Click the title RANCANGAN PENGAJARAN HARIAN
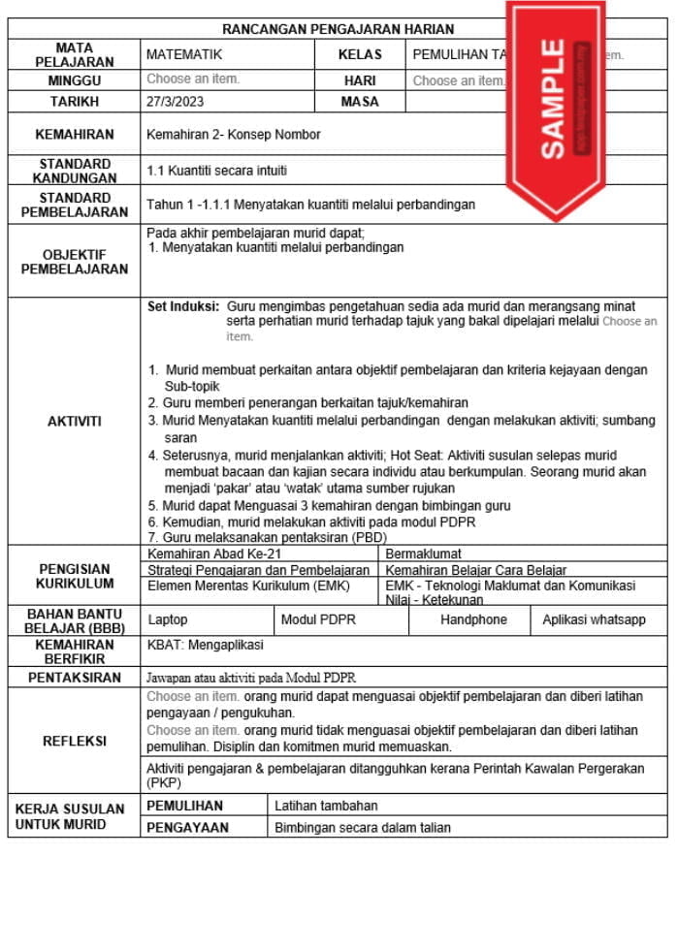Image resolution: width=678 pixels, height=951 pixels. point(338,29)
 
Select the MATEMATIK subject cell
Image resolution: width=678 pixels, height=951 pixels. point(184,55)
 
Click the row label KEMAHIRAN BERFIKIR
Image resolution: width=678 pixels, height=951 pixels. point(74,650)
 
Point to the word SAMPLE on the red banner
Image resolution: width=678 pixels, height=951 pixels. point(552,98)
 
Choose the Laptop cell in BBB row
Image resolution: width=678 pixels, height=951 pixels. point(168,619)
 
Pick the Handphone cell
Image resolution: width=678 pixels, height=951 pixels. point(473,619)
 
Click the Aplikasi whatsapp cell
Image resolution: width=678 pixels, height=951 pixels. point(594,619)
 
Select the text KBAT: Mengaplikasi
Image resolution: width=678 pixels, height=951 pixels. point(205,645)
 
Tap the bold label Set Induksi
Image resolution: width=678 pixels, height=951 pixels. point(183,305)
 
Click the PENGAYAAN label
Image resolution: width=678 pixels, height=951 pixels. point(187,828)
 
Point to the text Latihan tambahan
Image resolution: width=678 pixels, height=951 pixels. point(326,806)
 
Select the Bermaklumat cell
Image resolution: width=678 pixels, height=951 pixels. point(423,554)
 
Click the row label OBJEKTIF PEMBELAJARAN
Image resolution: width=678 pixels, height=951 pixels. point(74,262)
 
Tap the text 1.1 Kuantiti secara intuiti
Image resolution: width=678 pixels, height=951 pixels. point(216,171)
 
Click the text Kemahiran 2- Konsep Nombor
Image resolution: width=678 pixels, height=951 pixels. point(233,135)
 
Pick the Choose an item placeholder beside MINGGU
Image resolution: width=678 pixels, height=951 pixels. point(193,79)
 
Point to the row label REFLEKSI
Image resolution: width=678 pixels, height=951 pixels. point(74,741)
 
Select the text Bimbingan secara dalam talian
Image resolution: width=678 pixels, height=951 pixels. point(363,828)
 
